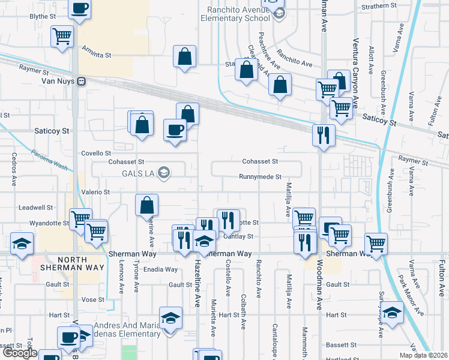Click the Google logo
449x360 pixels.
click(x=20, y=353)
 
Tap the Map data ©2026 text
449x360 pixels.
click(x=423, y=355)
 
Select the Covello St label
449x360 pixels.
click(x=96, y=154)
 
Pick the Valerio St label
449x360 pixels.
click(x=96, y=192)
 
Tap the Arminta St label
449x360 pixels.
click(x=96, y=55)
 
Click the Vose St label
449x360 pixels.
click(x=93, y=299)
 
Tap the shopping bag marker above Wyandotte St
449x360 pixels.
click(x=147, y=205)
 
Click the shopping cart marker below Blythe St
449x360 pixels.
click(x=61, y=35)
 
